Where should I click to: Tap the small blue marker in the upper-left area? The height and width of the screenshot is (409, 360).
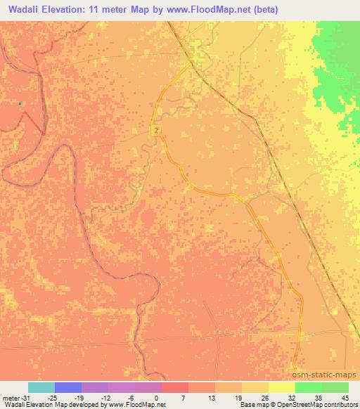pos(20,103)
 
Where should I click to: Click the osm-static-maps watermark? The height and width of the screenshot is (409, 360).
pos(324,375)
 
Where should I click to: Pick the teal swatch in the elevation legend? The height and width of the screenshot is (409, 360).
pos(41,387)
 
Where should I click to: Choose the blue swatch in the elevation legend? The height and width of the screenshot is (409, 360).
pos(68,387)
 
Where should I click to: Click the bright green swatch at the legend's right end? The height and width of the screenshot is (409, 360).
pos(335,387)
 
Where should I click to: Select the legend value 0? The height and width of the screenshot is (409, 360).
pos(156,397)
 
